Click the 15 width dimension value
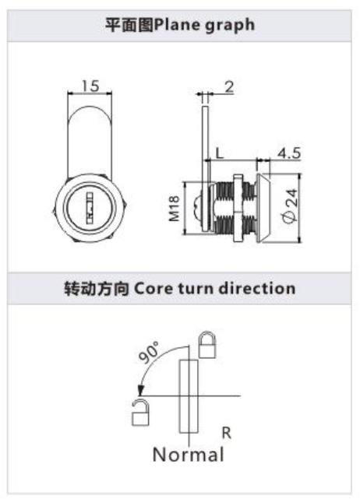point(90,86)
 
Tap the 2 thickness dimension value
point(229,87)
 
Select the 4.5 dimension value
point(288,153)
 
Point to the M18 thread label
point(175,209)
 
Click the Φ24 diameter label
point(290,206)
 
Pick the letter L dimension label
point(220,153)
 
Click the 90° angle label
point(149,353)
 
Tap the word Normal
point(188,454)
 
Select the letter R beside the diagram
point(226,433)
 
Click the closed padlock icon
point(207,345)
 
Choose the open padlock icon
point(140,413)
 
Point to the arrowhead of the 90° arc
point(140,391)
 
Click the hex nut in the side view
point(238,208)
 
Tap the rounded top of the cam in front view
point(90,113)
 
